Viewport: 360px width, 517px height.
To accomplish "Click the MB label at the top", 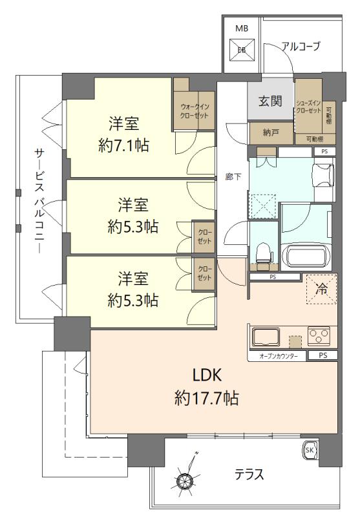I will click(x=241, y=28).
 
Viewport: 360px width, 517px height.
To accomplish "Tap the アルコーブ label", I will click(x=301, y=45).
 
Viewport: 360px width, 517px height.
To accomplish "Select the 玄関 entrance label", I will click(x=270, y=102).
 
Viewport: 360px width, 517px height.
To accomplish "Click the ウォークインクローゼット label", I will click(x=194, y=111).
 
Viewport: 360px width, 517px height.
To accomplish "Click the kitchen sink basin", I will click(x=265, y=337).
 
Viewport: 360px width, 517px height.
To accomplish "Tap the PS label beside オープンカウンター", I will click(x=322, y=356).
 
